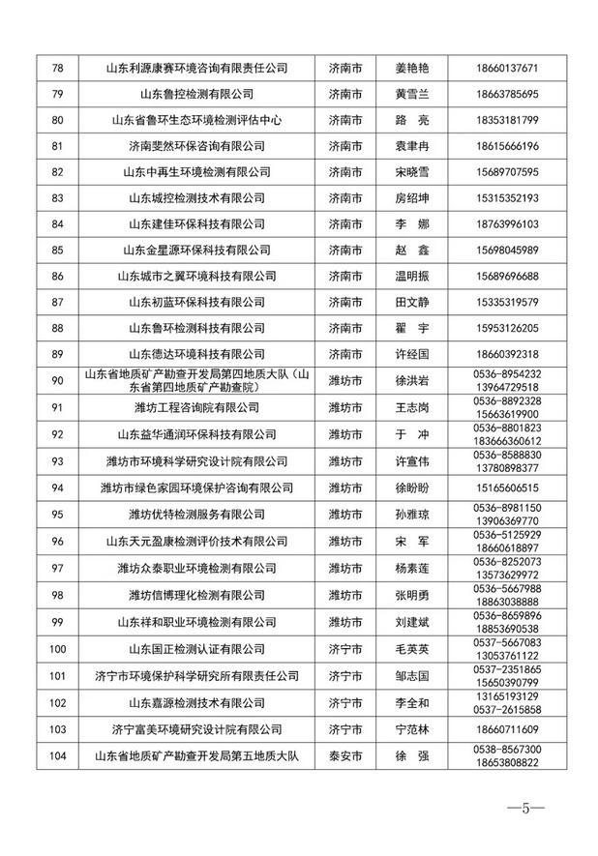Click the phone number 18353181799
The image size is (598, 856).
pos(507,121)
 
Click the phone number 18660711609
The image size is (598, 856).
pos(507,729)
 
